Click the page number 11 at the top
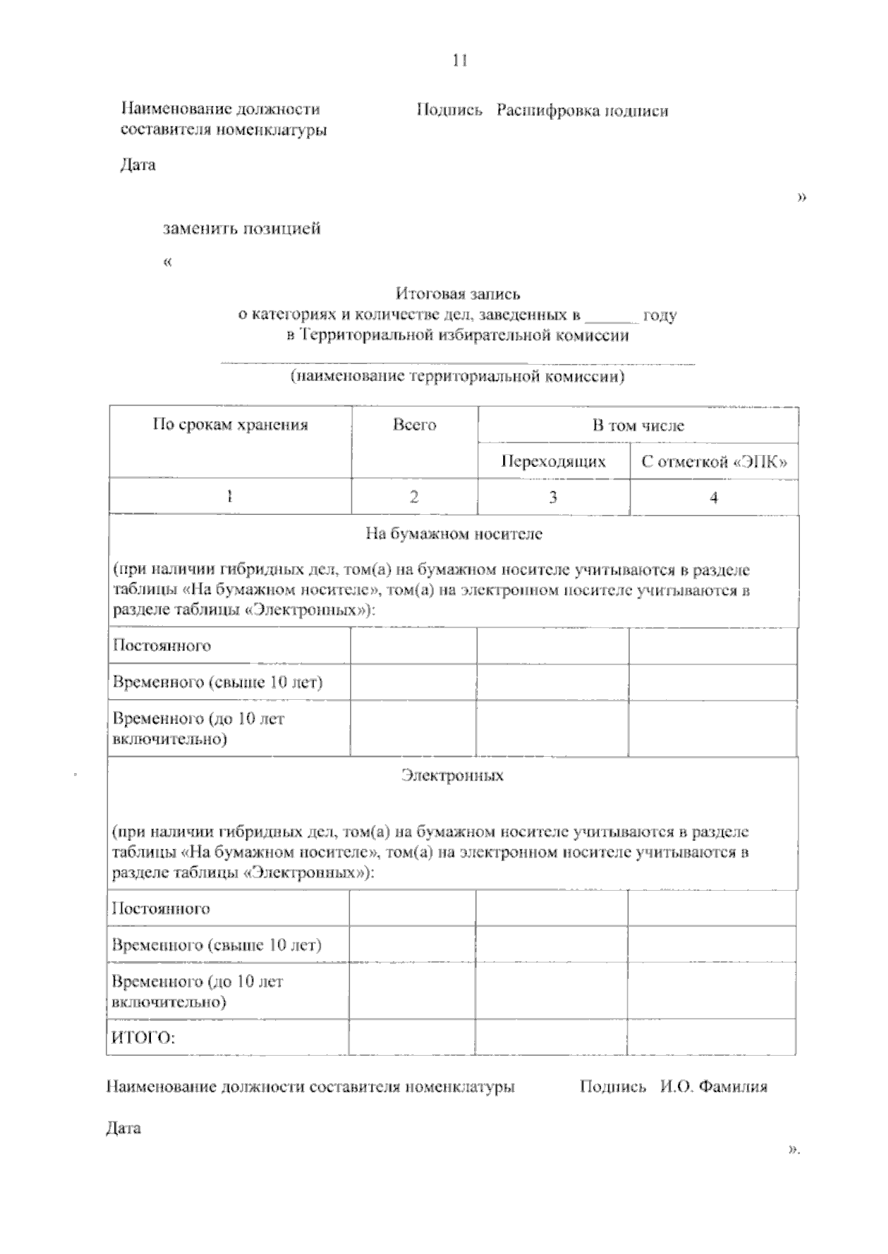460,61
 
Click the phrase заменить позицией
242,229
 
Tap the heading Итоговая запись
457,294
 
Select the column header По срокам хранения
230,425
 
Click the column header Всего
414,425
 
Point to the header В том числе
638,425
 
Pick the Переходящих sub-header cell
554,462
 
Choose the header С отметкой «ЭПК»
713,462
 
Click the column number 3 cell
553,497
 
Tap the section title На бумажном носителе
454,533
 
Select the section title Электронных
452,775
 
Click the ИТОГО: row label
143,1037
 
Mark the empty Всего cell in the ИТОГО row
411,1036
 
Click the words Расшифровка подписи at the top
582,111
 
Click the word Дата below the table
124,1128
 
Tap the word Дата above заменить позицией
138,164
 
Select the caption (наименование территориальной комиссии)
457,377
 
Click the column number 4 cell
713,497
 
